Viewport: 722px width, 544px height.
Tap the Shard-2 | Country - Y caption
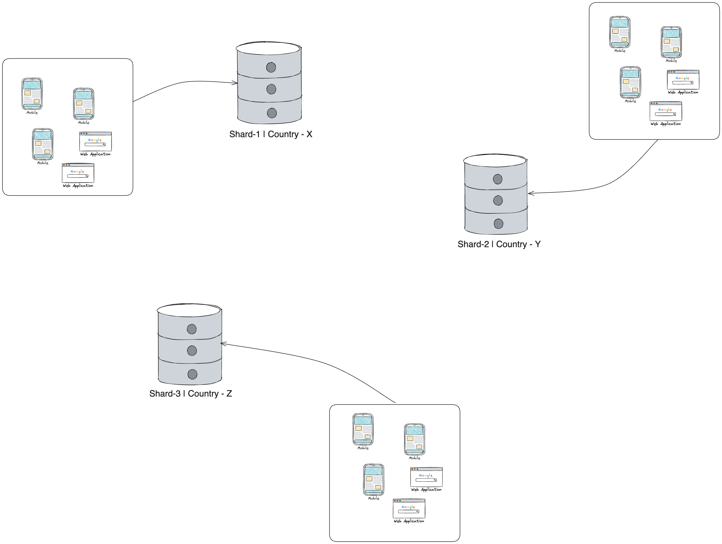click(x=499, y=244)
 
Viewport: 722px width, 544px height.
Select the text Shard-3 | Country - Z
click(x=191, y=394)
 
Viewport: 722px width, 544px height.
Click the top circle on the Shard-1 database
click(x=271, y=67)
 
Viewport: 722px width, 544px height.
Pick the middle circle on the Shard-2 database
click(x=498, y=200)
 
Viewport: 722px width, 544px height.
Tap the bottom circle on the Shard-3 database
click(x=193, y=374)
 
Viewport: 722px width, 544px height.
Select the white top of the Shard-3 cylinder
click(x=189, y=311)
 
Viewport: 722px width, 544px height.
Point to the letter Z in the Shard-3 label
click(x=229, y=394)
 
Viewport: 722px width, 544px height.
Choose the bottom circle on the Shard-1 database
click(x=272, y=113)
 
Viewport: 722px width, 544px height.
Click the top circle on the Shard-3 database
click(x=192, y=329)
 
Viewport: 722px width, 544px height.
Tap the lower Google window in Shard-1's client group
click(x=78, y=173)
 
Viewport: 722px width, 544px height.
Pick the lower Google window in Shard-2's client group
click(x=666, y=111)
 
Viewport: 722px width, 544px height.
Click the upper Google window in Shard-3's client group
click(x=426, y=477)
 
